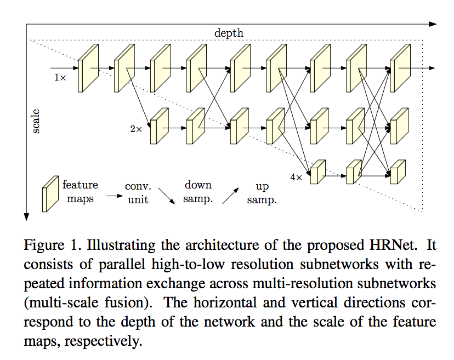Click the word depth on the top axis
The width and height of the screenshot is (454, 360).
[229, 33]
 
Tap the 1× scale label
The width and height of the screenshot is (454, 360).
[60, 78]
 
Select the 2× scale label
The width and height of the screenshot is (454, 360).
[136, 129]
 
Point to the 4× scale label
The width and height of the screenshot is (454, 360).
[296, 177]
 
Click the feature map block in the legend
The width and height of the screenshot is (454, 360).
[50, 193]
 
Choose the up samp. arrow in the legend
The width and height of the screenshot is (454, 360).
[230, 195]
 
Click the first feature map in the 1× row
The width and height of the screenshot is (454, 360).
[87, 68]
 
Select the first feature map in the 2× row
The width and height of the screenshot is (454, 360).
[158, 127]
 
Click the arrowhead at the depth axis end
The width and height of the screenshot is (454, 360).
[433, 24]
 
